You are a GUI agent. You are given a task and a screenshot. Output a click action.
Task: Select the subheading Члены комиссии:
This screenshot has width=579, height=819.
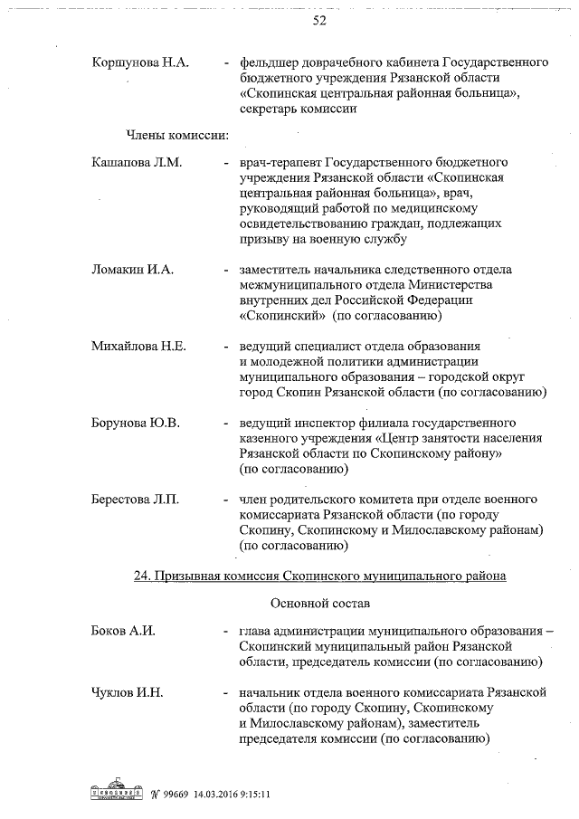coord(176,136)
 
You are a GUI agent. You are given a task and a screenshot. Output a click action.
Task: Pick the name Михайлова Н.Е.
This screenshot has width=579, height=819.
coord(138,347)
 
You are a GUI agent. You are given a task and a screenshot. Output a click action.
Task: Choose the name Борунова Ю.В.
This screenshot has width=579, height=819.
coord(136,423)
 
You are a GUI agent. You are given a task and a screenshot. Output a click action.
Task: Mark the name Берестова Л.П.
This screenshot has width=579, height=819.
coord(136,500)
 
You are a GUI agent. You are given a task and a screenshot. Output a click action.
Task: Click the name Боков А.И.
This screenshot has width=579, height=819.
coord(123,630)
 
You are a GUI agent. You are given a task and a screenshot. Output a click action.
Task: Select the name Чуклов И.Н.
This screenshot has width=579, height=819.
coord(127,692)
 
